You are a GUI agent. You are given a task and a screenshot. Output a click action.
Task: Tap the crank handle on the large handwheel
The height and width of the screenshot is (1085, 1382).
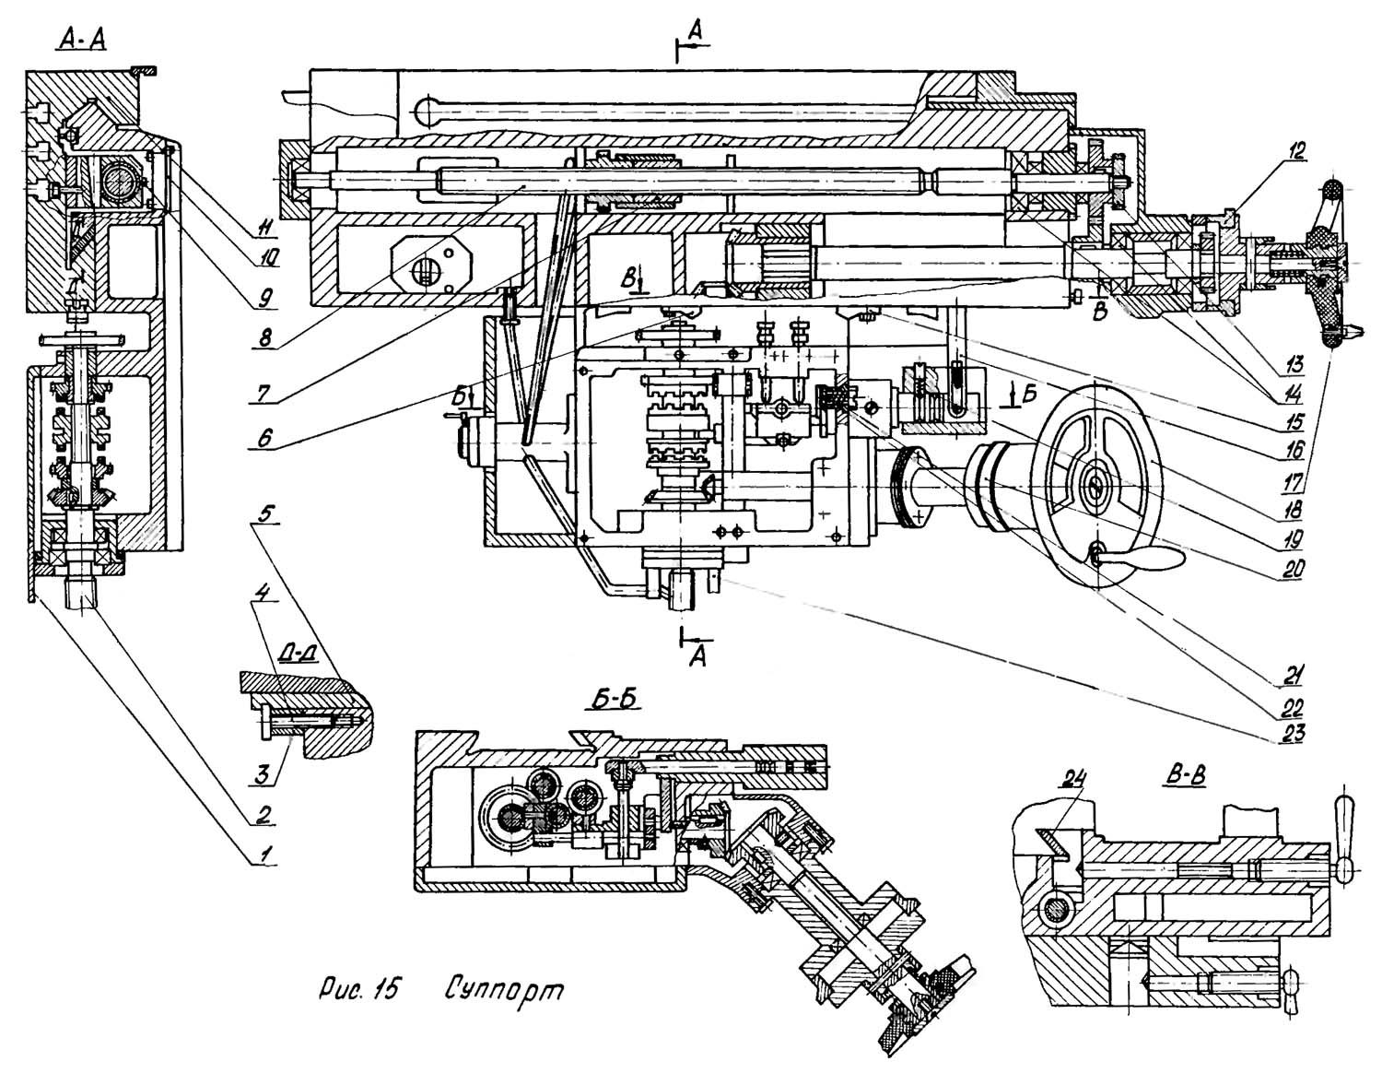1152,559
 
